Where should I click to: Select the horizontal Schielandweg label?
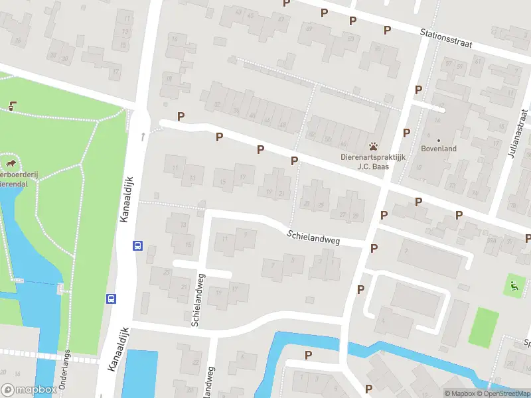click(x=313, y=237)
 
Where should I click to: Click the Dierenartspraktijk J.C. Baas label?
click(x=373, y=162)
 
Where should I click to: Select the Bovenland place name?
click(x=439, y=149)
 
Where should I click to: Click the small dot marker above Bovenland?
click(x=439, y=140)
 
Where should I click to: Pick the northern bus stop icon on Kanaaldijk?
click(x=137, y=245)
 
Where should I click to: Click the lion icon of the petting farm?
click(x=11, y=163)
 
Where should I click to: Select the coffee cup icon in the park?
click(x=13, y=105)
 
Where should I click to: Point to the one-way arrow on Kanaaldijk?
click(x=143, y=137)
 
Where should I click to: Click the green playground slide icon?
click(x=513, y=287)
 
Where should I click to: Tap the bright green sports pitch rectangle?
click(x=483, y=327)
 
